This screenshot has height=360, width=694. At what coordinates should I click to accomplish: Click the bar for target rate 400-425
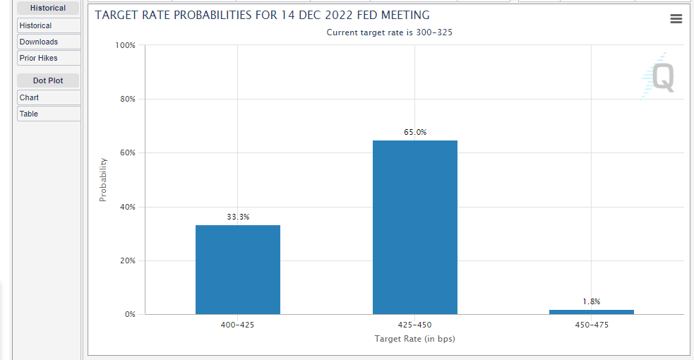click(x=238, y=270)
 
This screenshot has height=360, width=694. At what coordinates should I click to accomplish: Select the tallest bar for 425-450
click(x=415, y=227)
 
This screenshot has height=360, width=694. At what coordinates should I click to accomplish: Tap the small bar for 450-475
click(x=592, y=312)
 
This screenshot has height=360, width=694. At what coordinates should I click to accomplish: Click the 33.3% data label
click(x=238, y=217)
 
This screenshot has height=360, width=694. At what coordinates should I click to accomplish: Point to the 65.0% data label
click(x=415, y=132)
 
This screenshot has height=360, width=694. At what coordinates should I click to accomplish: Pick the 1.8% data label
click(x=592, y=301)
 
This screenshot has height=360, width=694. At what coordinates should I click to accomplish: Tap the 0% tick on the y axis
click(x=129, y=314)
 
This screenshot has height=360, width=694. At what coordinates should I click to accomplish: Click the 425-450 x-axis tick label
click(x=415, y=325)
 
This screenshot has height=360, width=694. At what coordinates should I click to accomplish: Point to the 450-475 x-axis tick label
click(x=592, y=325)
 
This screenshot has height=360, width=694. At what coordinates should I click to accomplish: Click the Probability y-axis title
click(x=103, y=180)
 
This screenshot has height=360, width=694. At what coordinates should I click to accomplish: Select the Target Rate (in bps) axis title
click(x=415, y=339)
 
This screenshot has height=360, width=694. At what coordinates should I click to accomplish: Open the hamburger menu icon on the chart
click(x=676, y=19)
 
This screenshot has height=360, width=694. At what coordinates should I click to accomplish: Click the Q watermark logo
click(x=661, y=76)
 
